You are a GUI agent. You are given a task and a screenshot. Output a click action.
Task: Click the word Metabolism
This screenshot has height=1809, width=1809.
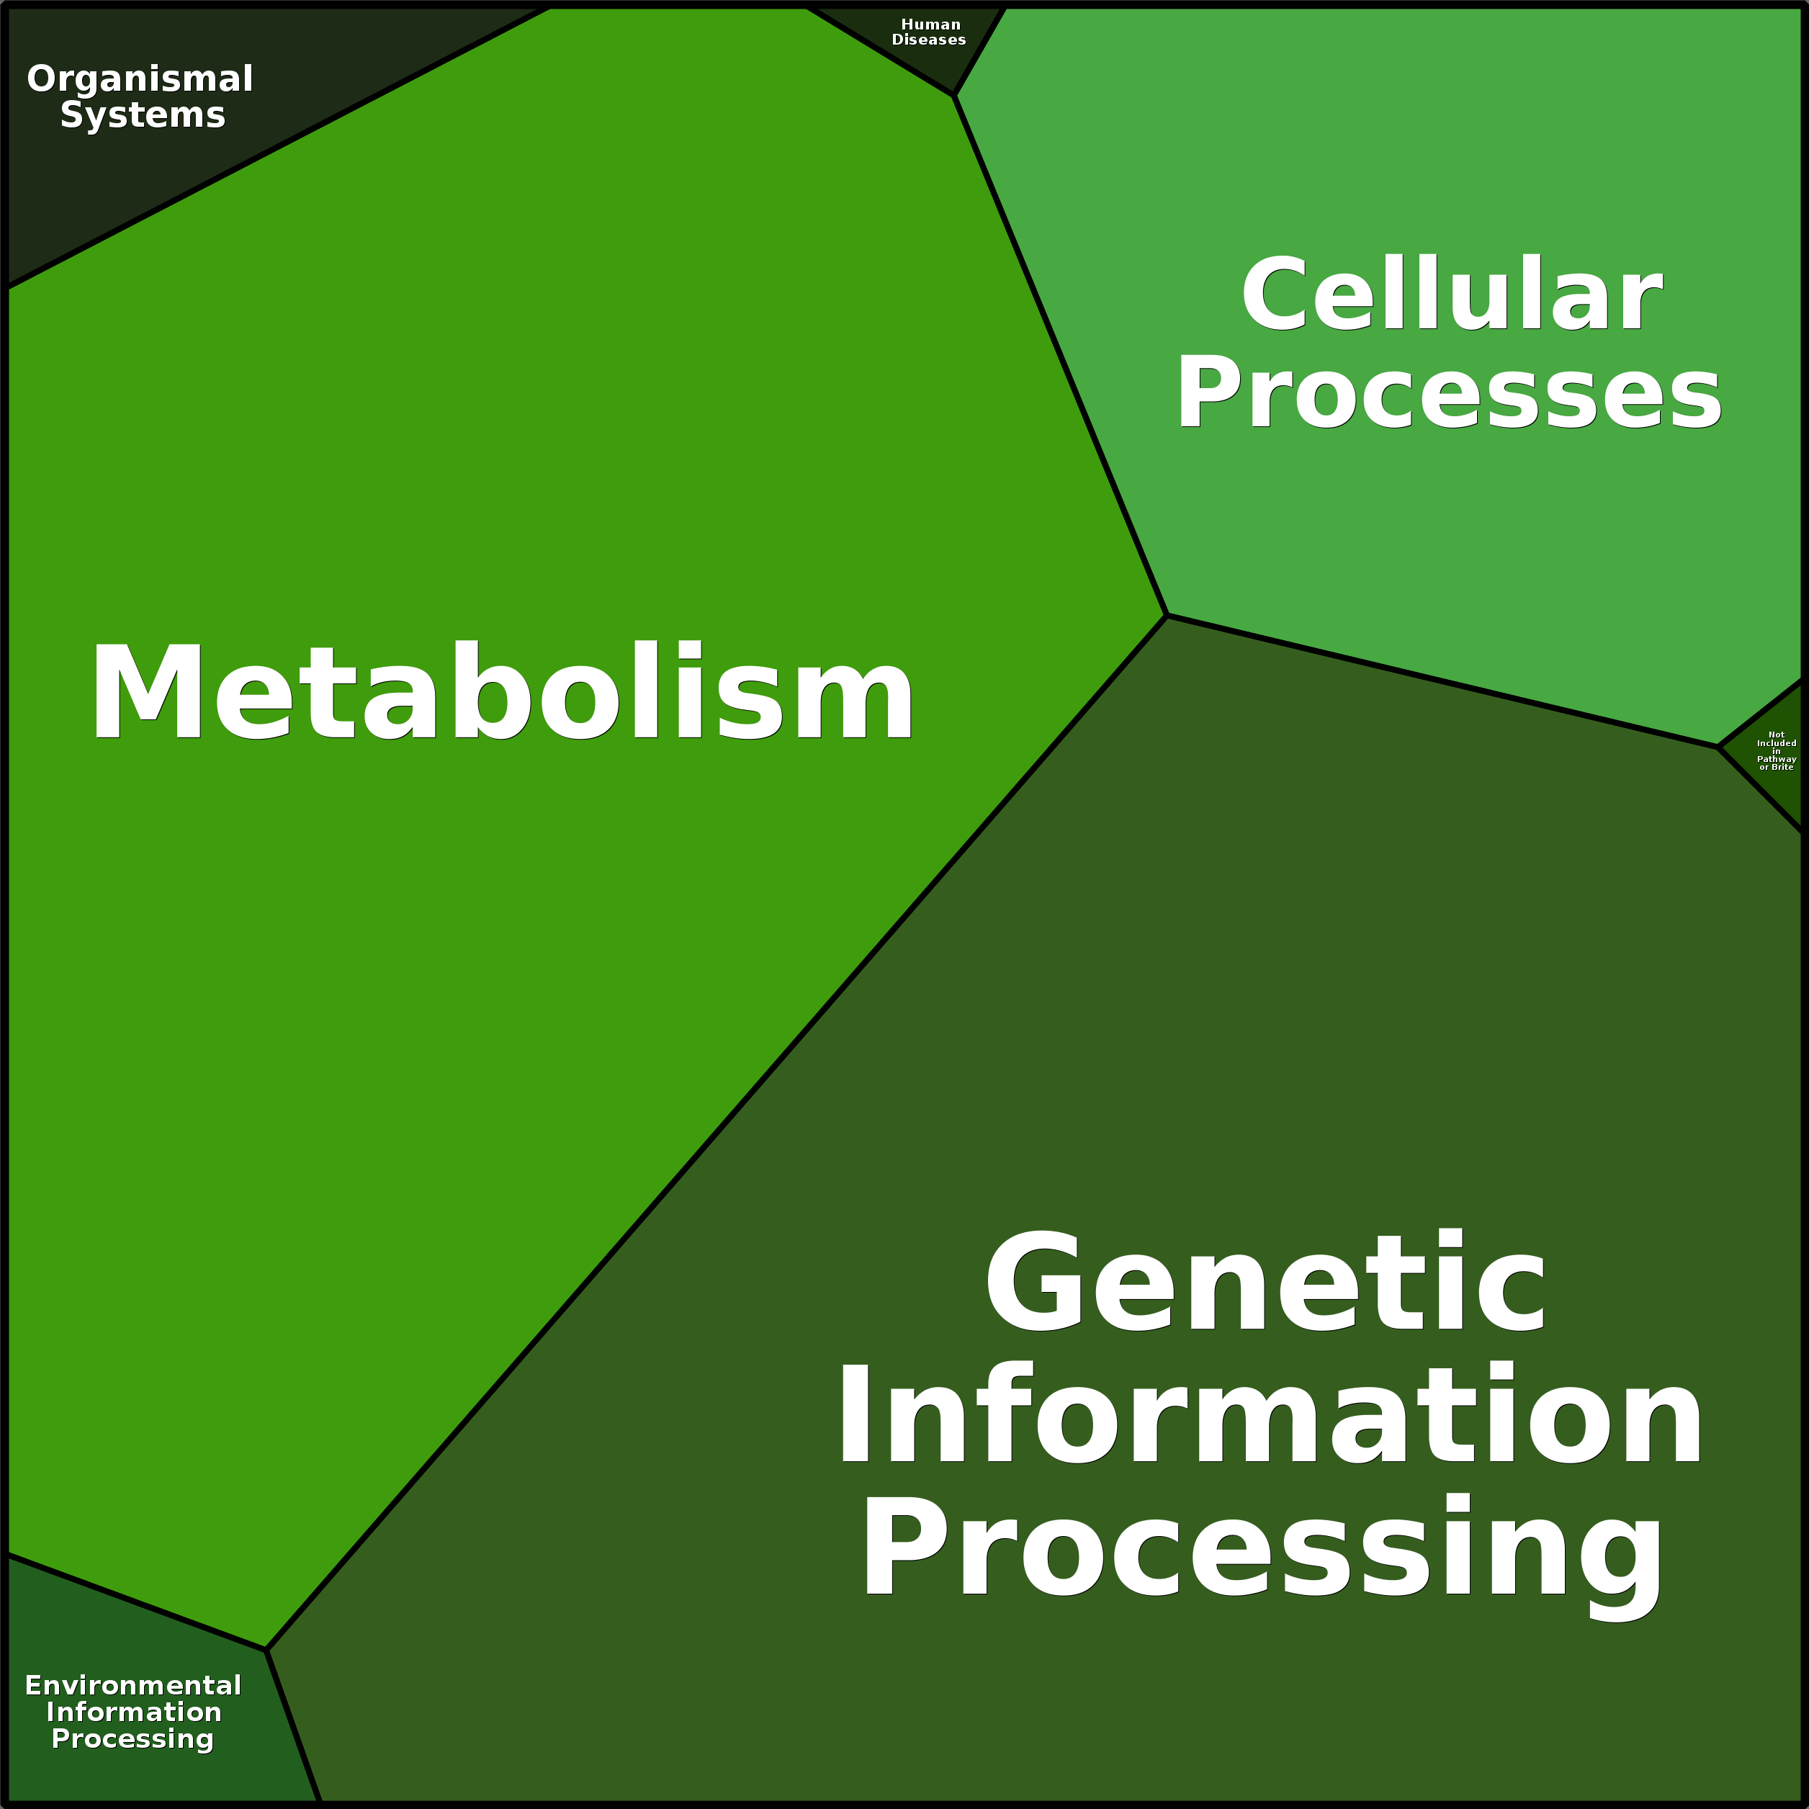(x=502, y=692)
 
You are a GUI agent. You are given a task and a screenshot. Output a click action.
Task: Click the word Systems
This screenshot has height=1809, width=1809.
(x=143, y=115)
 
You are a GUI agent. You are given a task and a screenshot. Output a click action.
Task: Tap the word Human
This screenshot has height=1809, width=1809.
(x=930, y=24)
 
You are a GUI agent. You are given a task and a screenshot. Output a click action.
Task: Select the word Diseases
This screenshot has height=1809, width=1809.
(x=929, y=40)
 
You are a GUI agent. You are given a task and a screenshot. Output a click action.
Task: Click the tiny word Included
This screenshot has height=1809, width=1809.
(x=1776, y=743)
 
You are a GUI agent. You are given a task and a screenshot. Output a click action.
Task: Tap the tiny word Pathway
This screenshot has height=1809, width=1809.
(x=1776, y=759)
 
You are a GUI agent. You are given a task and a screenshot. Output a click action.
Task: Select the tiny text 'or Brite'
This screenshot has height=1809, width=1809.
(x=1776, y=767)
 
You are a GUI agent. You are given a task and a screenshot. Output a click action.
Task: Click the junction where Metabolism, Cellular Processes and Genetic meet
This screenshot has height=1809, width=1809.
(x=1167, y=615)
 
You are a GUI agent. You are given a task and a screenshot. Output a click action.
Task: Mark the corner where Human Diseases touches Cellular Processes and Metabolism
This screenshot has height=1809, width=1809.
(x=954, y=94)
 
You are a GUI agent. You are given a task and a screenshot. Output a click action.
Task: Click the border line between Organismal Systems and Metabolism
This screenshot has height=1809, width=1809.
(x=278, y=147)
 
